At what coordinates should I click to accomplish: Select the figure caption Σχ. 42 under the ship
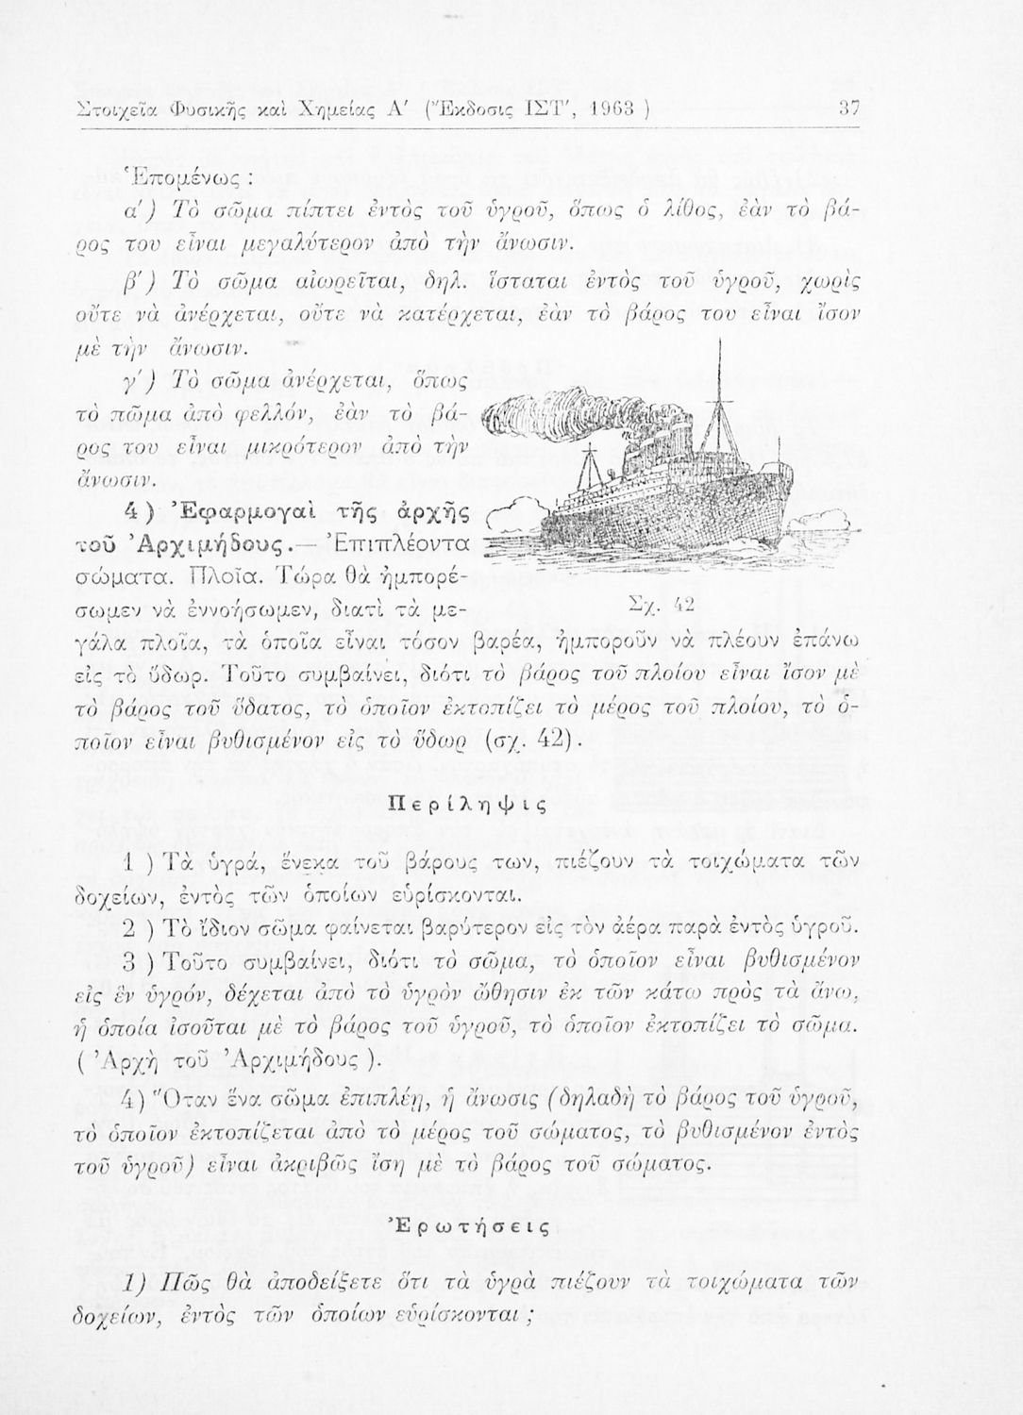(x=672, y=602)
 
